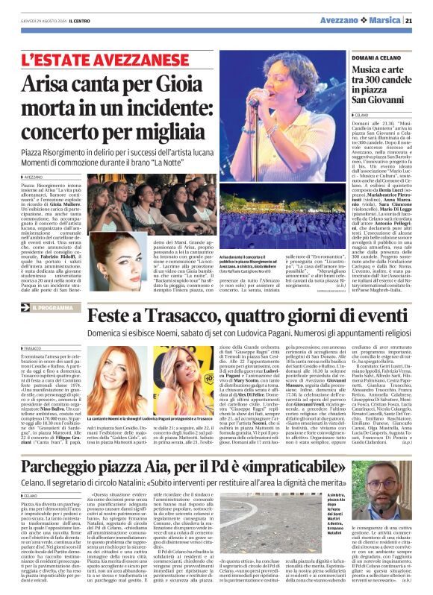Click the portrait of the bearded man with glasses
(x=395, y=492)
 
